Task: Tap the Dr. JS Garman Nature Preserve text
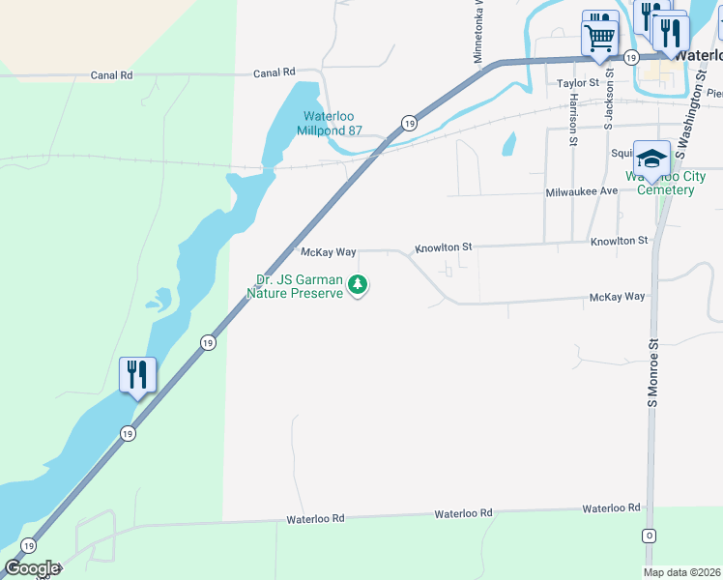[294, 286]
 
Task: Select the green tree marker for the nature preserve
[359, 284]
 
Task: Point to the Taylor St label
[579, 84]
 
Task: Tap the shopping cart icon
[599, 39]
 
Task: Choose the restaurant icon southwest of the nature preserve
[137, 374]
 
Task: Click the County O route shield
[649, 536]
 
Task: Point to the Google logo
[32, 568]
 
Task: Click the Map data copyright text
[680, 571]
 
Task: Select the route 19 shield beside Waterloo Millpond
[409, 123]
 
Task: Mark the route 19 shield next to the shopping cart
[631, 58]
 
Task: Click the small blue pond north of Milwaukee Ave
[507, 144]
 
